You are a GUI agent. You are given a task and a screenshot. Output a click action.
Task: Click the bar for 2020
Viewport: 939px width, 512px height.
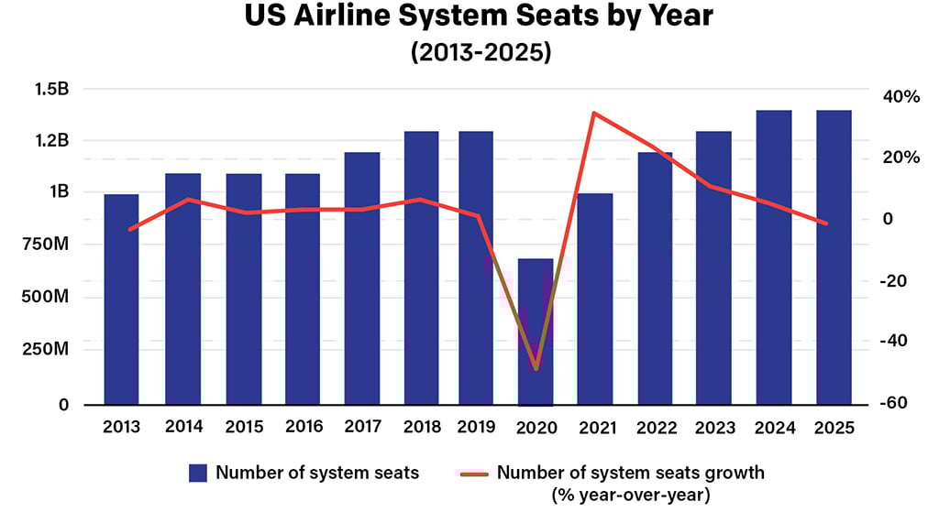(x=536, y=331)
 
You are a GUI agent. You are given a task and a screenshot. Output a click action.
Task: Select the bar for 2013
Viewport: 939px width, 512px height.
(x=121, y=299)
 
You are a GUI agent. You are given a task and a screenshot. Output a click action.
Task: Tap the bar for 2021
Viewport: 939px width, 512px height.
(x=594, y=299)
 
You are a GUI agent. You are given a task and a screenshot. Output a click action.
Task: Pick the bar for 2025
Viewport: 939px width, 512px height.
(x=833, y=256)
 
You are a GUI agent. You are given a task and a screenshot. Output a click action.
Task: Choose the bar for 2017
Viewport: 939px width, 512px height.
(x=362, y=278)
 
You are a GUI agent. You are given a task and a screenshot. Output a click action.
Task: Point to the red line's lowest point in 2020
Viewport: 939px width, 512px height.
(x=536, y=369)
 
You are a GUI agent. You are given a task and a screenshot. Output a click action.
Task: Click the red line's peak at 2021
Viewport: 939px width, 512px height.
(x=594, y=114)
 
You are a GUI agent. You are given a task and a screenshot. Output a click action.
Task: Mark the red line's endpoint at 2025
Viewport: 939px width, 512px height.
(x=827, y=223)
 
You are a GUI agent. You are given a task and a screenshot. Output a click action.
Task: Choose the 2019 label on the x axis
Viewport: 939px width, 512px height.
(x=475, y=428)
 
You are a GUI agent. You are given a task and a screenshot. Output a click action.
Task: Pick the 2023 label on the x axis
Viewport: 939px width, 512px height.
(x=713, y=428)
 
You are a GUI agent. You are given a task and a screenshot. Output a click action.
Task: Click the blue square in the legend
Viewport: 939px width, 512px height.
(x=198, y=474)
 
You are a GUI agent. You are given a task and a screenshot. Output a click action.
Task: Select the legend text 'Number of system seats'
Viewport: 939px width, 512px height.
(x=317, y=474)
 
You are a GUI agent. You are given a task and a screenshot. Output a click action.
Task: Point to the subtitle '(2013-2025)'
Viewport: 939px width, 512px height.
(x=470, y=53)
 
